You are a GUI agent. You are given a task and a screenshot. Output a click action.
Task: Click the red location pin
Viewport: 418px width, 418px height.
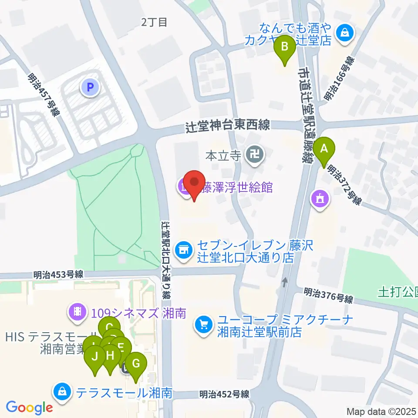coord(195,185)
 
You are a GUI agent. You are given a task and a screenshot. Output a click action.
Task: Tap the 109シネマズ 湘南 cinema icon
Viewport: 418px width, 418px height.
coord(78,311)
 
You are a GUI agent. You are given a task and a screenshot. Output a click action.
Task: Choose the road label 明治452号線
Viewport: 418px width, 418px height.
coord(224,394)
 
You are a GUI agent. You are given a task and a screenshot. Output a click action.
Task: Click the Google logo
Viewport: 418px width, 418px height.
coord(29,408)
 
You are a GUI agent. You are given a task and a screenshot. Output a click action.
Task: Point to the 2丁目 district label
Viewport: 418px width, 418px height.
coord(154,23)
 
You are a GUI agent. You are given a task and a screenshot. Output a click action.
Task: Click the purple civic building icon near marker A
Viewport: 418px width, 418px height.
coord(320,199)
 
